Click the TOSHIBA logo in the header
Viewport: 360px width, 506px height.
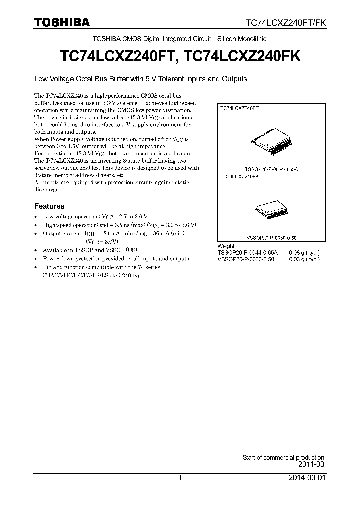pos(62,22)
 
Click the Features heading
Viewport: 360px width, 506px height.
pos(49,206)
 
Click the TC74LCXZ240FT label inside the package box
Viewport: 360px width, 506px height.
pos(239,108)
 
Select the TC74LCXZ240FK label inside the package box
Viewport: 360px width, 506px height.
pos(239,177)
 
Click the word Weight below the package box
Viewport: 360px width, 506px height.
pos(226,246)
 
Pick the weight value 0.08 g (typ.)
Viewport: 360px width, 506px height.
pos(303,253)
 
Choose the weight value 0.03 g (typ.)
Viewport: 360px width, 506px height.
pos(303,260)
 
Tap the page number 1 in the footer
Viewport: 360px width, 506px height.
pos(180,478)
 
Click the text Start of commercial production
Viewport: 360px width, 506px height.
pos(283,457)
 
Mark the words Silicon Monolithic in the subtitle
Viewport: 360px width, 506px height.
pos(242,39)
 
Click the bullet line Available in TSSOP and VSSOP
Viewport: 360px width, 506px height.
pos(90,250)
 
